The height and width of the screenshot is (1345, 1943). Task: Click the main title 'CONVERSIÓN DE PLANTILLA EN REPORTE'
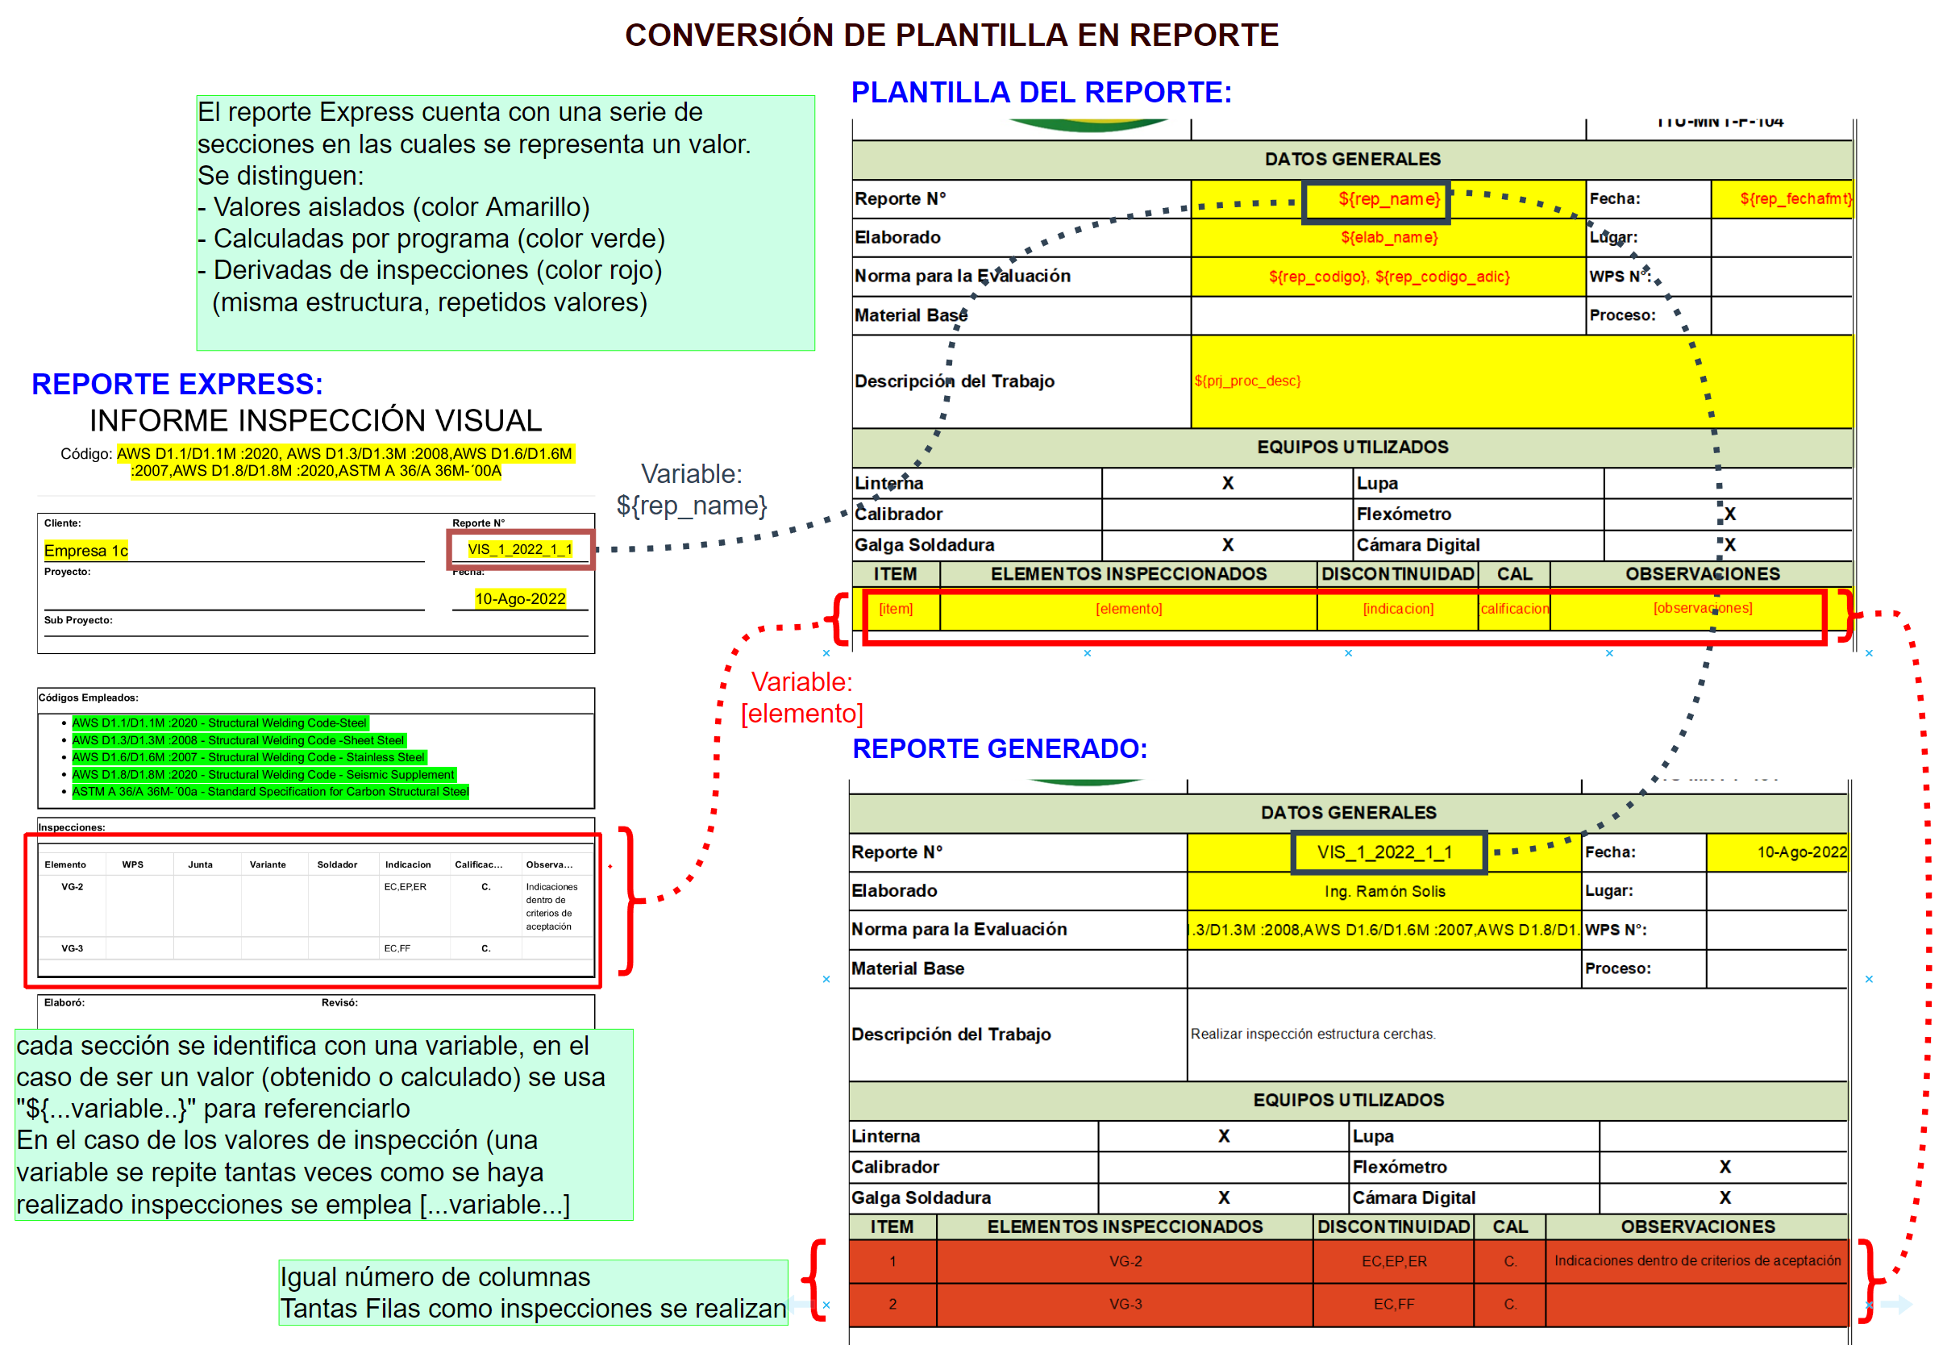(x=951, y=35)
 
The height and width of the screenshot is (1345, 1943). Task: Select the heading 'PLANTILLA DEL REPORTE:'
(x=1041, y=92)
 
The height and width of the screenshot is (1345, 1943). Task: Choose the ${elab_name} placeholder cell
(x=1388, y=238)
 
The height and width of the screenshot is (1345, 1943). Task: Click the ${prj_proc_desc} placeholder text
(x=1247, y=381)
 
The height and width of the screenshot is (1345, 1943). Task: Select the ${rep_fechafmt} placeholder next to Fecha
(x=1795, y=200)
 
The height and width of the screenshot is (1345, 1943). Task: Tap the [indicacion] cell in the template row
(x=1398, y=609)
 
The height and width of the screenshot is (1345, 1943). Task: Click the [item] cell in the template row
(x=896, y=609)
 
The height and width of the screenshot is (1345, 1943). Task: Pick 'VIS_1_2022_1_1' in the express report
(x=520, y=549)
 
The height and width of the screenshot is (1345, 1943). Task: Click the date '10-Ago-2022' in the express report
(x=520, y=598)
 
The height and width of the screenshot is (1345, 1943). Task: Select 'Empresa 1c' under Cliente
(x=86, y=550)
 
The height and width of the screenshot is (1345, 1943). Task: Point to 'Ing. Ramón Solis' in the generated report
(x=1384, y=891)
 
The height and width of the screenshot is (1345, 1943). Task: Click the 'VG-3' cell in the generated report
(x=1125, y=1304)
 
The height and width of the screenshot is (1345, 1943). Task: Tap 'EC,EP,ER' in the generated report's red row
(x=1394, y=1260)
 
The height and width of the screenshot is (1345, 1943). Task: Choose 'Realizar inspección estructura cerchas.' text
(x=1313, y=1034)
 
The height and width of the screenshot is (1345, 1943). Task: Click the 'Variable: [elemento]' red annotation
(x=801, y=697)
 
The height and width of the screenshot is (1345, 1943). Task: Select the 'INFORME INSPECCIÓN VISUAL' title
(x=315, y=421)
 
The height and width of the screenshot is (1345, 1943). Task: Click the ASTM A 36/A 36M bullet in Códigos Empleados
(x=269, y=791)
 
